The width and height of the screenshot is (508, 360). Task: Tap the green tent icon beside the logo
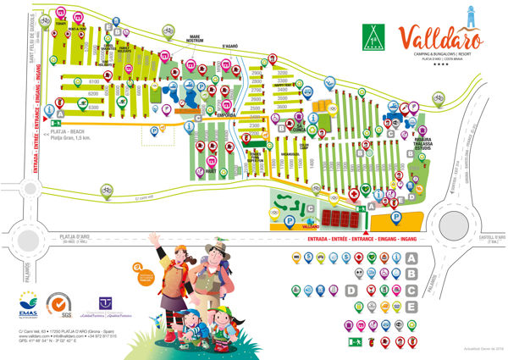(x=372, y=36)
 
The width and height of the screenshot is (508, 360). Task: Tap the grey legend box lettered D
(x=351, y=290)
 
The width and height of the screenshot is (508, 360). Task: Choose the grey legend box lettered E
(x=411, y=306)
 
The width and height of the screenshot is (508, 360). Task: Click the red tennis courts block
(x=340, y=219)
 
